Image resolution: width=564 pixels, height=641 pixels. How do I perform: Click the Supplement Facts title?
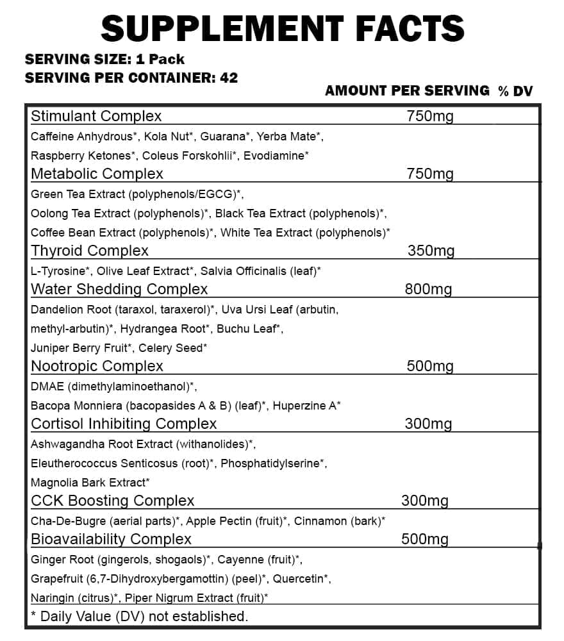click(x=282, y=28)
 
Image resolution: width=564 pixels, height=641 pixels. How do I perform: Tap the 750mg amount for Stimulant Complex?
click(x=430, y=116)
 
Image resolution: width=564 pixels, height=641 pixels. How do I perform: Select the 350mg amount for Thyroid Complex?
click(x=431, y=251)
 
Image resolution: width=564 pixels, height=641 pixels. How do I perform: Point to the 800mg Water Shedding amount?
click(x=428, y=289)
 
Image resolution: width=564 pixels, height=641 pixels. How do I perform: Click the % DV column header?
click(x=515, y=91)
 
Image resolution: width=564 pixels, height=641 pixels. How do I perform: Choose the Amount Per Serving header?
click(x=407, y=91)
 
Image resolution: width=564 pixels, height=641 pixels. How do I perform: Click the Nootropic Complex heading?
click(x=97, y=366)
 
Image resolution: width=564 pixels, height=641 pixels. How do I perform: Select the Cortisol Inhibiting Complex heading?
click(x=124, y=424)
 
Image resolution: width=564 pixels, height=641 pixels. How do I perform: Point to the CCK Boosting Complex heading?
click(x=112, y=501)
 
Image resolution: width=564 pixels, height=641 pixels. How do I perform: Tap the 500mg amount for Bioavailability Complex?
click(x=424, y=539)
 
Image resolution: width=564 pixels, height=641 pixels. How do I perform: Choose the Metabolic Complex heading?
click(x=97, y=174)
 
